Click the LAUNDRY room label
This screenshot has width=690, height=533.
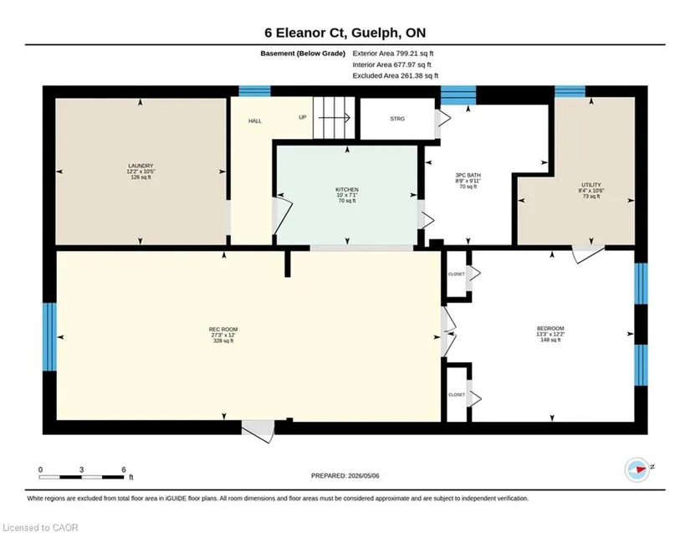point(141,166)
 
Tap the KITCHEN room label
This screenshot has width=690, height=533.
point(347,190)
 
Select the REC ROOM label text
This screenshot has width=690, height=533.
point(223,329)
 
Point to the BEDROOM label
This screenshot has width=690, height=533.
point(550,328)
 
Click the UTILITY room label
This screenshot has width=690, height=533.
point(591,185)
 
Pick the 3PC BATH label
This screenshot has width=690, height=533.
point(468,175)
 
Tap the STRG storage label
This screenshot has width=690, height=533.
point(397,119)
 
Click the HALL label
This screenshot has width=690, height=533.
point(255,121)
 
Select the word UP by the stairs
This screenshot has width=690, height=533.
point(302,117)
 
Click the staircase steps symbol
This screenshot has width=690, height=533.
point(334,117)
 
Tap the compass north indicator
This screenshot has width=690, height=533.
point(637,469)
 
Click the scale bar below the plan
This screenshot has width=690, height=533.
point(81,477)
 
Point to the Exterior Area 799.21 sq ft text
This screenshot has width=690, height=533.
point(393,54)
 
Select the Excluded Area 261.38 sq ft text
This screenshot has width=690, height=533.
point(395,75)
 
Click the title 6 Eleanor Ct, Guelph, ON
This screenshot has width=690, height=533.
point(345,33)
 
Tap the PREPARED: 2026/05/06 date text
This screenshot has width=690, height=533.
point(345,476)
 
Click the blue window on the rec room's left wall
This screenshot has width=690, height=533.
point(49,336)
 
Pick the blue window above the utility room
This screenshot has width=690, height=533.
point(570,91)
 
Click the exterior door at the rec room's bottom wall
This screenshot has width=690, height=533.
point(258,431)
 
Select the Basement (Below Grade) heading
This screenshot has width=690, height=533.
point(303,54)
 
